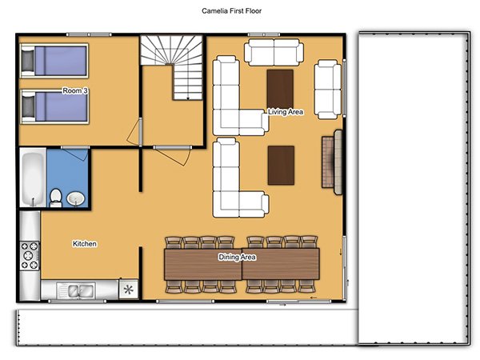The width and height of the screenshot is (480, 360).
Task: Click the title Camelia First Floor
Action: click(x=231, y=11)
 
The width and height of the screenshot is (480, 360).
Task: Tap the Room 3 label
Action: click(x=75, y=90)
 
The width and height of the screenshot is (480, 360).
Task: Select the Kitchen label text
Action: click(x=85, y=244)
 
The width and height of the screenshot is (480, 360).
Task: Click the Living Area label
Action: click(x=286, y=112)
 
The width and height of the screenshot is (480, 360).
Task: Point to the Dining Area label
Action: click(x=237, y=257)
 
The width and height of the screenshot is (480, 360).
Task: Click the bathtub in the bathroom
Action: click(x=33, y=178)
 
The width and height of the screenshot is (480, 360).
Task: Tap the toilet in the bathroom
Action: click(x=55, y=198)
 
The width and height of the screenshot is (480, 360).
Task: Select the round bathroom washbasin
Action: click(x=75, y=198)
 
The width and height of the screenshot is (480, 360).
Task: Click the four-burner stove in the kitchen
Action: click(x=30, y=256)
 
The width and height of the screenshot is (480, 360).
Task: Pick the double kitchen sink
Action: click(x=76, y=290)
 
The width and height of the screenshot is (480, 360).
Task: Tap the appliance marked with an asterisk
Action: click(x=129, y=289)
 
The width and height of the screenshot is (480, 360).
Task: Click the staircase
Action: click(x=172, y=67)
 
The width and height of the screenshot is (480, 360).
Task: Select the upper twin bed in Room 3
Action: click(x=54, y=61)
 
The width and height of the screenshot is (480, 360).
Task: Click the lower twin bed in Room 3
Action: click(x=54, y=106)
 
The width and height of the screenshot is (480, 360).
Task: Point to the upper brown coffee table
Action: click(x=280, y=89)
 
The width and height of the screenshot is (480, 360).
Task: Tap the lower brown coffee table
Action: click(x=281, y=166)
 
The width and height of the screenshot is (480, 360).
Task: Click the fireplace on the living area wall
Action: click(x=332, y=162)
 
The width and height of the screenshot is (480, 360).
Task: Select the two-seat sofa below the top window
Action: click(x=274, y=52)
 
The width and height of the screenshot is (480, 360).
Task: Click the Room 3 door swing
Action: click(x=134, y=132)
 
